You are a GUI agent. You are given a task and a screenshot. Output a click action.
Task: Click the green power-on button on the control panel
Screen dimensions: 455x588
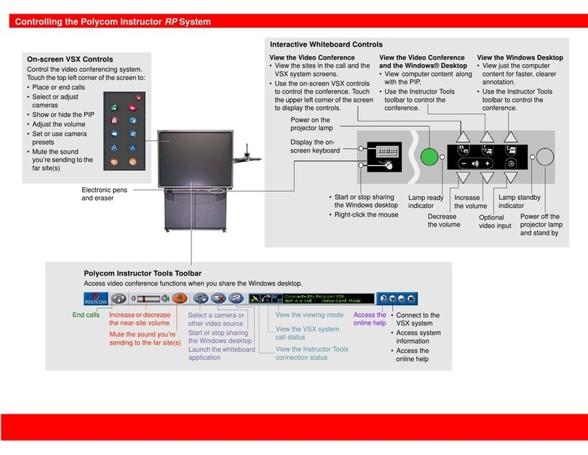[429, 158]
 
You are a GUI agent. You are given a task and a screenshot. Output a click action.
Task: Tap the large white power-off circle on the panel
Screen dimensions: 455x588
[546, 157]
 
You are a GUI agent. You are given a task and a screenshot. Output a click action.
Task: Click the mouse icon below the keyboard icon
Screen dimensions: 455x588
[386, 166]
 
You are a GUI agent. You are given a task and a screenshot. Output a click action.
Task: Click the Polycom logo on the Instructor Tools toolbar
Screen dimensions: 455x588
[95, 298]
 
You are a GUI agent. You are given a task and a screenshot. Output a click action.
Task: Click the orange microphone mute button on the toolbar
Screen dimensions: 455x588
[179, 298]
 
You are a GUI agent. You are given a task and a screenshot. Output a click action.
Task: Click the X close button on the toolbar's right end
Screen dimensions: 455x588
[410, 298]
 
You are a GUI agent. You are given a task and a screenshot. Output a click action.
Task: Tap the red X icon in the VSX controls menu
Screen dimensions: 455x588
[138, 97]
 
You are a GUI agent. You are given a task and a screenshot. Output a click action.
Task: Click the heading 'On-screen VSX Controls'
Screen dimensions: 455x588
[70, 59]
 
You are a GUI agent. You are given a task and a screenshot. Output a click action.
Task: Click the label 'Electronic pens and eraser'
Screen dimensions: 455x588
[104, 193]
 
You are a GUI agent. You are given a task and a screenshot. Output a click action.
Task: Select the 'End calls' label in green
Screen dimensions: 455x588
[86, 315]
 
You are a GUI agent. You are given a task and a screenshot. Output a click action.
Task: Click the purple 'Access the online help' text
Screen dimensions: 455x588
[370, 319]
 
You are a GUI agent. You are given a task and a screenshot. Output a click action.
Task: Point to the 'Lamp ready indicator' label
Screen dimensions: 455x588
[426, 202]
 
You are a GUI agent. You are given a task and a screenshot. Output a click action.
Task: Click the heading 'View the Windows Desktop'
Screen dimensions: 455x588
[520, 57]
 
